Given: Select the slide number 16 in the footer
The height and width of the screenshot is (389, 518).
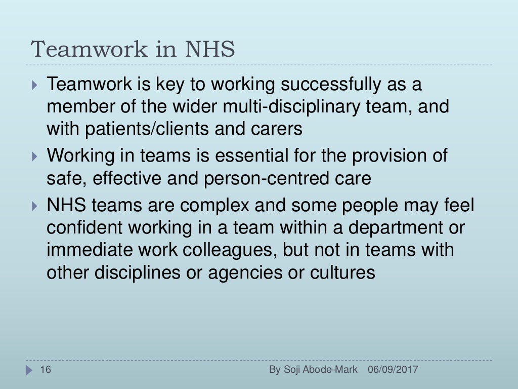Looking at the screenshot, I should [46, 370].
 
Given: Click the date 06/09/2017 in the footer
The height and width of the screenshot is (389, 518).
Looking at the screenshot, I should [393, 370].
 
